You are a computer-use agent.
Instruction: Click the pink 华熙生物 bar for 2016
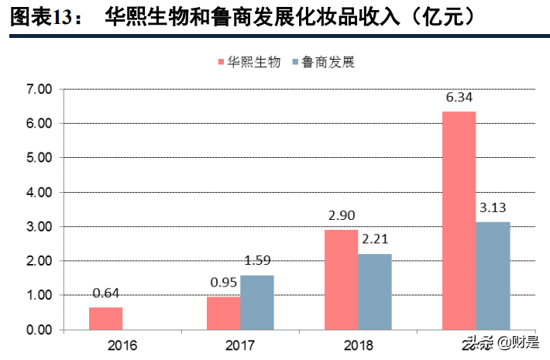pos(105,318)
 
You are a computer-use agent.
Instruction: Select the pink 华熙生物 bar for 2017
pos(223,313)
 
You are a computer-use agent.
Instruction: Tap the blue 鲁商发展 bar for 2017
pos(256,302)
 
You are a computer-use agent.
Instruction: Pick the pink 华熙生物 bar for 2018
pos(341,279)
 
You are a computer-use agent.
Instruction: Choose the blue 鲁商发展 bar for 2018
pos(374,291)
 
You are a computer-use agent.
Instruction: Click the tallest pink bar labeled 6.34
pos(459,221)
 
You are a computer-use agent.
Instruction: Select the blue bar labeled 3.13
pos(493,276)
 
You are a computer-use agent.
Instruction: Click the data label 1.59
pos(256,261)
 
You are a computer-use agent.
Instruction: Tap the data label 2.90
pos(341,216)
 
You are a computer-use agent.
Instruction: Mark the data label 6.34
pos(459,98)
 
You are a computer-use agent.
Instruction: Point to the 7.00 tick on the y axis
pos(39,89)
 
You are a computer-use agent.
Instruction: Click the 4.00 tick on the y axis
pos(39,192)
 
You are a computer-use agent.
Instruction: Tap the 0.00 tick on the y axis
pos(39,330)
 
